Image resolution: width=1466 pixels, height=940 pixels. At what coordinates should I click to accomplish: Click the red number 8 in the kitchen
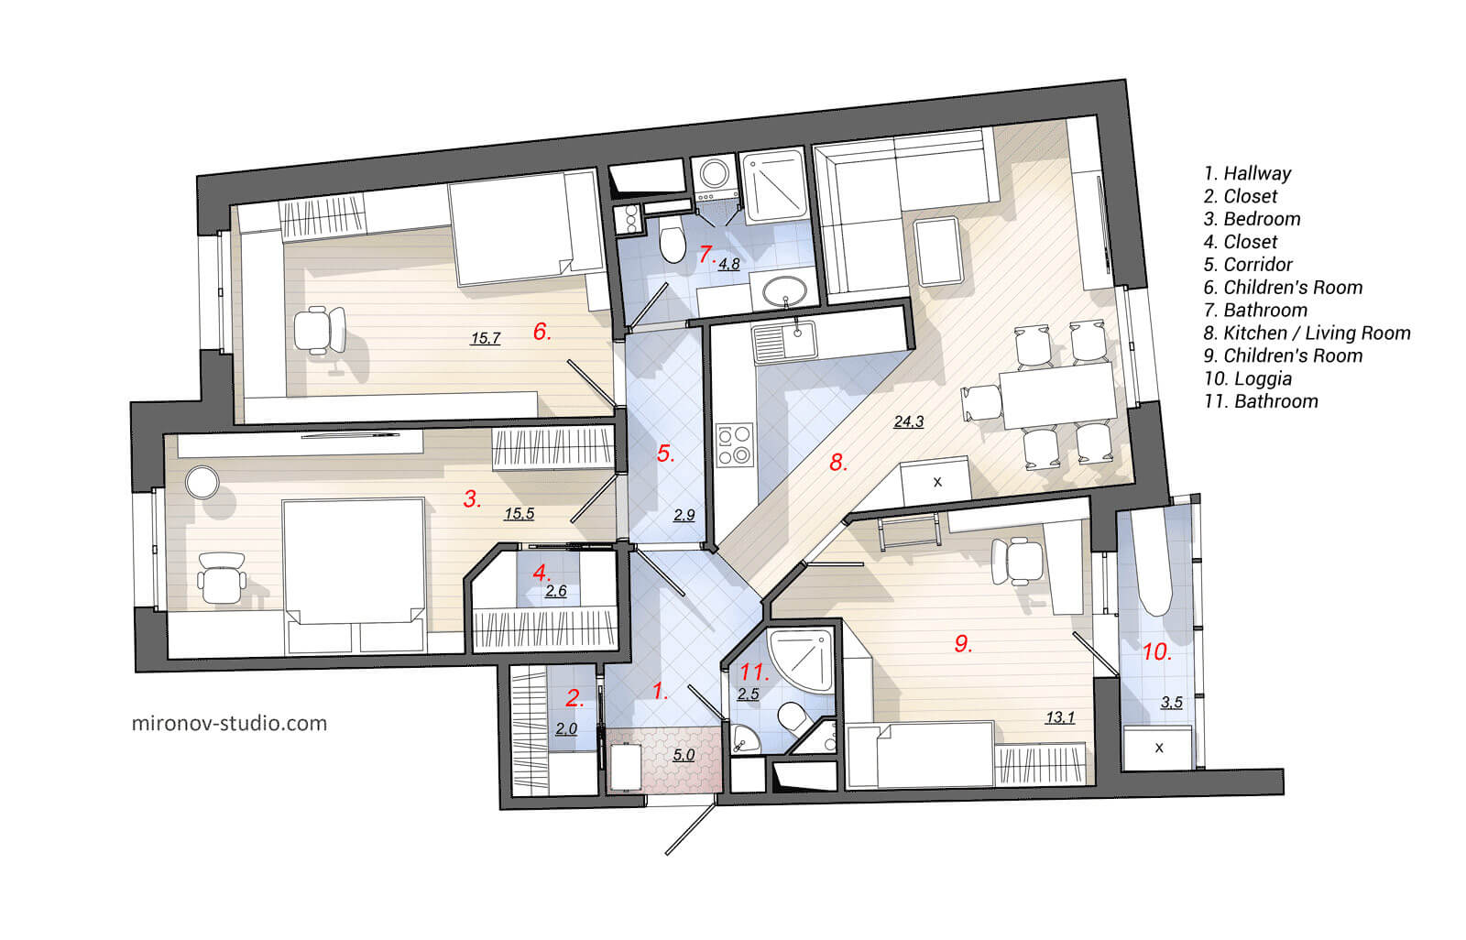pyautogui.click(x=837, y=463)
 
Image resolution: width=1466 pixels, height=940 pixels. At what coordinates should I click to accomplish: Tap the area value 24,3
pyautogui.click(x=908, y=421)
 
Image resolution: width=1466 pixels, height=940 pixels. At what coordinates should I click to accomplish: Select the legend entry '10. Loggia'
pyautogui.click(x=1248, y=378)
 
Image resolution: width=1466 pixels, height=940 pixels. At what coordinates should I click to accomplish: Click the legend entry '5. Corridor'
pyautogui.click(x=1248, y=265)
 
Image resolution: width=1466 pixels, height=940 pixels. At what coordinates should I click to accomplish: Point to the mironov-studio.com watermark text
pyautogui.click(x=230, y=723)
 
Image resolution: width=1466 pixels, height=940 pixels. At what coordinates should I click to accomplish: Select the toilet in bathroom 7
pyautogui.click(x=673, y=245)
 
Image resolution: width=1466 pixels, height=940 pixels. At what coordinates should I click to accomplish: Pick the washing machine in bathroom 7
pyautogui.click(x=712, y=173)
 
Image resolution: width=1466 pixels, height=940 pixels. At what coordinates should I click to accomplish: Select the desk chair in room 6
pyautogui.click(x=320, y=331)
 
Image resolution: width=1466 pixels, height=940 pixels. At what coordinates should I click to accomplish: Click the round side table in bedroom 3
pyautogui.click(x=201, y=482)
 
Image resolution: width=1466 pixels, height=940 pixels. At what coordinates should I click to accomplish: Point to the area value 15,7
pyautogui.click(x=485, y=338)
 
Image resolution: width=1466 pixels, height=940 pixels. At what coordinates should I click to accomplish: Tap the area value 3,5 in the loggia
pyautogui.click(x=1171, y=703)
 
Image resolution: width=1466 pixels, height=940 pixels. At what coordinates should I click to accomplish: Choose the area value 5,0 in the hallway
pyautogui.click(x=684, y=755)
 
